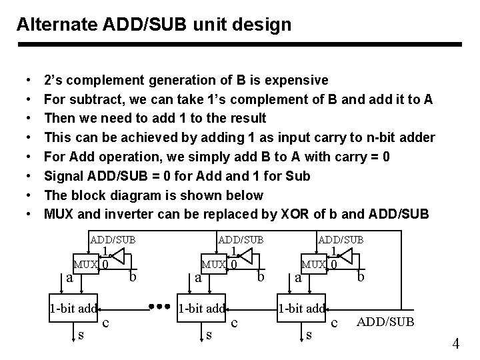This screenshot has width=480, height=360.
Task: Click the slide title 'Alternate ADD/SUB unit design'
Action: tap(154, 25)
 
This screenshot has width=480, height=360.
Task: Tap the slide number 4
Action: tap(456, 344)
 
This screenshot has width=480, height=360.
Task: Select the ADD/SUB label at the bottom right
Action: tap(386, 322)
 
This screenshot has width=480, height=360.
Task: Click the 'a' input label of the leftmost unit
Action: tap(69, 277)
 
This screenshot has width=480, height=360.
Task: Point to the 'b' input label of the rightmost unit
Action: tap(361, 276)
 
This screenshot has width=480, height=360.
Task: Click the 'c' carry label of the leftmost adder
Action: tap(107, 323)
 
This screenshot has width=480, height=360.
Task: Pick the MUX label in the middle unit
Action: tap(214, 265)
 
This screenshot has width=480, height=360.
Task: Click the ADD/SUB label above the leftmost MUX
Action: tap(113, 239)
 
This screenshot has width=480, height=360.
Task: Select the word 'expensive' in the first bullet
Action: tap(296, 81)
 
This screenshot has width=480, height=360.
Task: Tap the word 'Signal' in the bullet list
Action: tap(65, 177)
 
